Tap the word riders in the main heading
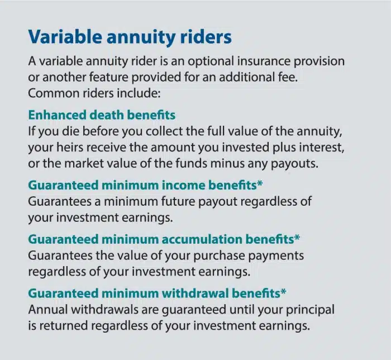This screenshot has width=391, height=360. click(x=203, y=37)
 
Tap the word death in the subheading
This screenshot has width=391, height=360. click(x=104, y=115)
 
